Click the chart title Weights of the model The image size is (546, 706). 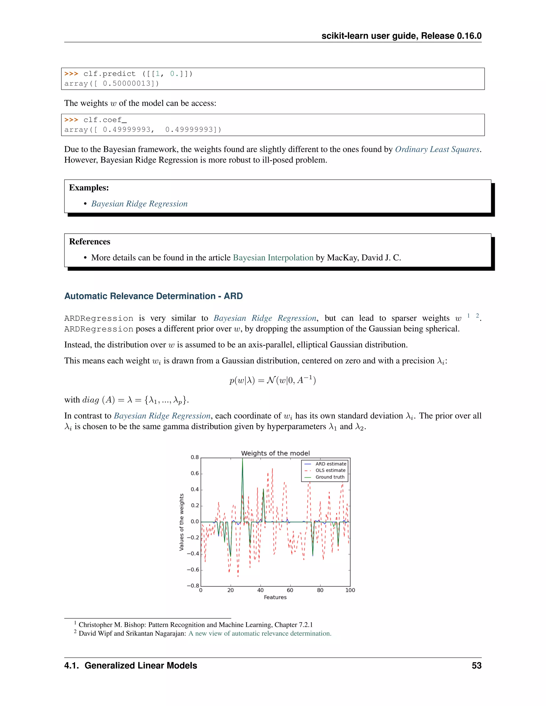tap(275, 453)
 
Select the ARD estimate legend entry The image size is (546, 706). tap(331, 464)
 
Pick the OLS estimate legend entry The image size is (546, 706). tap(330, 470)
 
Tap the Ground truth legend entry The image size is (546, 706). tap(330, 477)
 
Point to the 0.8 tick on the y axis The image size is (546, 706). tap(195, 457)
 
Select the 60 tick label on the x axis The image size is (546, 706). tap(290, 590)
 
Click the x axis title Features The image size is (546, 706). tap(275, 597)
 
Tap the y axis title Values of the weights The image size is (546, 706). tap(182, 522)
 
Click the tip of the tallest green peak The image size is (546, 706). tap(243, 459)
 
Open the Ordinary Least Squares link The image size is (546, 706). tap(437, 149)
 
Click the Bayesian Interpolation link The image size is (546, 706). tap(273, 258)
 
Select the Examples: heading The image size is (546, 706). tap(89, 188)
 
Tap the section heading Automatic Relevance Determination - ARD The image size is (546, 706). tap(153, 296)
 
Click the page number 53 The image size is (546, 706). tap(476, 666)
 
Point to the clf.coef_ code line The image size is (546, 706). tap(105, 120)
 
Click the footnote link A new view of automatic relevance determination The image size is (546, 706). tap(260, 633)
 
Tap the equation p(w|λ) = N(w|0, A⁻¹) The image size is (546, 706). tap(273, 380)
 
